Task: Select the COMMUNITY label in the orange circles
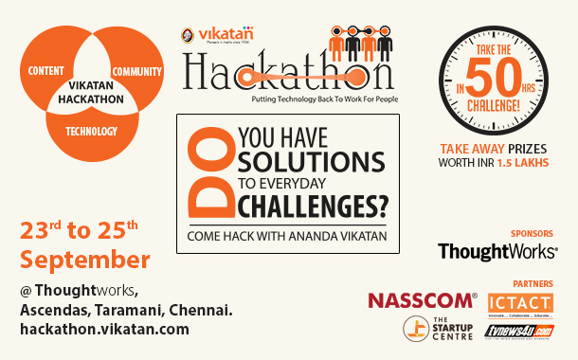[137, 72]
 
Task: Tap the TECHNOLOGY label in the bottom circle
[92, 131]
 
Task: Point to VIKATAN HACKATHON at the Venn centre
[92, 91]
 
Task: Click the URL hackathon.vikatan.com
[104, 329]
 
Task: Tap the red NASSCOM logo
[422, 300]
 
